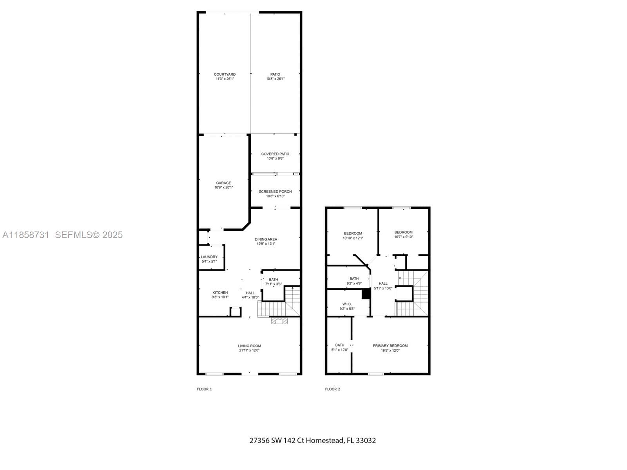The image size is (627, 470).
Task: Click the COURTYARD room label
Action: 225,74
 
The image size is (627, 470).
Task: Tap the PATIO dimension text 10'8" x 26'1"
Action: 275,79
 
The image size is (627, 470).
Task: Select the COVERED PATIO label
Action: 275,154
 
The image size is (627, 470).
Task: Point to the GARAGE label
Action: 223,183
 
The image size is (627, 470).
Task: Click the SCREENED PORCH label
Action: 275,192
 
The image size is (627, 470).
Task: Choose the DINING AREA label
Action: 266,239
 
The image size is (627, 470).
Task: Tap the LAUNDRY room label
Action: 209,257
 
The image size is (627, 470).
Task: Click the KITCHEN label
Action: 220,293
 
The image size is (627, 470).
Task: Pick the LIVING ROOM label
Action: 249,346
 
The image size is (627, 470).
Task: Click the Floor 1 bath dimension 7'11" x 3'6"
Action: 274,284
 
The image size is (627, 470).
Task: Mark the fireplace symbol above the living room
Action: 279,321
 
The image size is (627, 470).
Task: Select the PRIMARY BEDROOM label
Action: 390,346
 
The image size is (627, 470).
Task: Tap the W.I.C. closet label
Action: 347,304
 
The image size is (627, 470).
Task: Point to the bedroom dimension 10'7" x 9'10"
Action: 403,237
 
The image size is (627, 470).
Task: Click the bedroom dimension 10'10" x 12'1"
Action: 353,238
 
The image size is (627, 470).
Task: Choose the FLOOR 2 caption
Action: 332,389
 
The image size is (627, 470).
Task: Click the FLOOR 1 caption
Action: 204,389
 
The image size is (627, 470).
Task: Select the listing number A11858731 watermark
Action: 26,235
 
